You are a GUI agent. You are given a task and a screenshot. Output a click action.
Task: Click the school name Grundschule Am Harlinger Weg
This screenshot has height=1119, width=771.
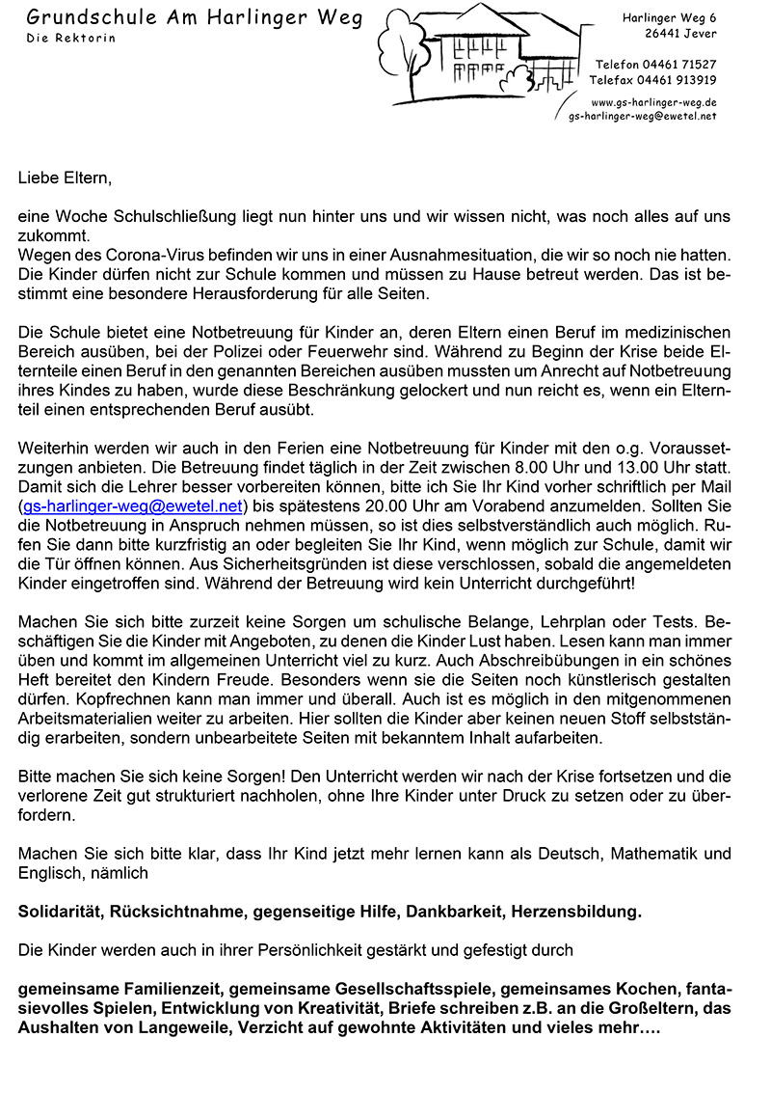pyautogui.click(x=194, y=17)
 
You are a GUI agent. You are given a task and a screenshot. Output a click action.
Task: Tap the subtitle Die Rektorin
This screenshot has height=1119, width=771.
pyautogui.click(x=71, y=38)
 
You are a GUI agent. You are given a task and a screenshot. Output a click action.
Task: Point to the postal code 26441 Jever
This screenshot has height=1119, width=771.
pyautogui.click(x=680, y=34)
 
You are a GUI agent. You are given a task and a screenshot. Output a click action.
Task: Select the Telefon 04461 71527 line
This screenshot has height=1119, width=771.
pyautogui.click(x=655, y=64)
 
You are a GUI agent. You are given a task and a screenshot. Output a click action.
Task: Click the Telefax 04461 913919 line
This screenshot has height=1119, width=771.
pyautogui.click(x=652, y=79)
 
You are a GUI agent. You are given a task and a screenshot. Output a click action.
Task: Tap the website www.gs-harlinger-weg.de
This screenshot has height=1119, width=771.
pyautogui.click(x=652, y=101)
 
